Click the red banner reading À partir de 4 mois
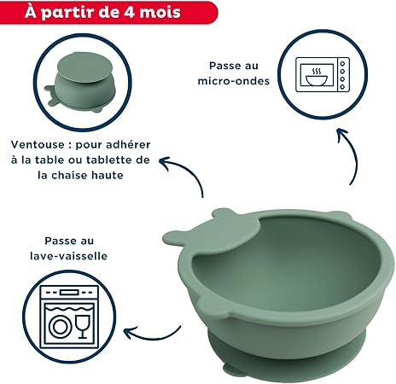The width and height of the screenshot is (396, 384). [x=108, y=12]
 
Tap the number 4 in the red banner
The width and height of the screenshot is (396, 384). [x=130, y=12]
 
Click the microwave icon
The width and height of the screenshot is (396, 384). [x=323, y=74]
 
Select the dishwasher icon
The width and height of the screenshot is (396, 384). [x=69, y=317]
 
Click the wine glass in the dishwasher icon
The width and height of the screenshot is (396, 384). [x=83, y=326]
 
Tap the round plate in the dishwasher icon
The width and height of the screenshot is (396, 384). [x=60, y=327]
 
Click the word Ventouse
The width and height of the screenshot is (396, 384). [x=38, y=145]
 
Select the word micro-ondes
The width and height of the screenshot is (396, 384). [x=234, y=81]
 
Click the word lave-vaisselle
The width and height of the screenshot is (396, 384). [x=69, y=256]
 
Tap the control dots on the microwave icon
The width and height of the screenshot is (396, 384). [x=342, y=75]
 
